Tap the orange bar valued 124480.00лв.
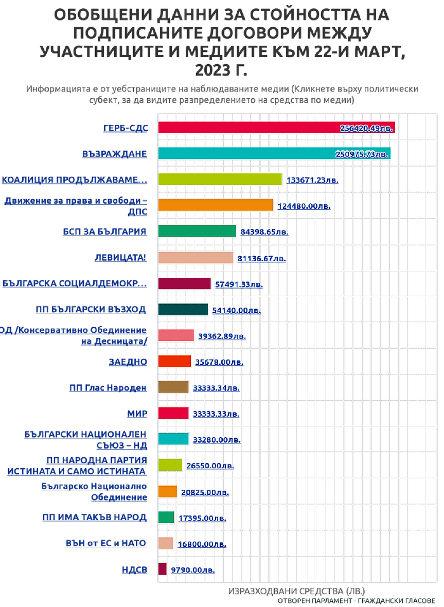pyautogui.click(x=216, y=205)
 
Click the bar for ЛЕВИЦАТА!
pyautogui.click(x=196, y=257)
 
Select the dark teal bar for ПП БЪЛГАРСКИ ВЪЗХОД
pyautogui.click(x=183, y=310)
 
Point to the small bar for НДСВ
pyautogui.click(x=163, y=569)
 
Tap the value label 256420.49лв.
pyautogui.click(x=367, y=128)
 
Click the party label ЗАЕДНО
pyautogui.click(x=128, y=362)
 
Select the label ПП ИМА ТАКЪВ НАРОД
pyautogui.click(x=95, y=517)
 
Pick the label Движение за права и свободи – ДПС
pyautogui.click(x=76, y=205)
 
